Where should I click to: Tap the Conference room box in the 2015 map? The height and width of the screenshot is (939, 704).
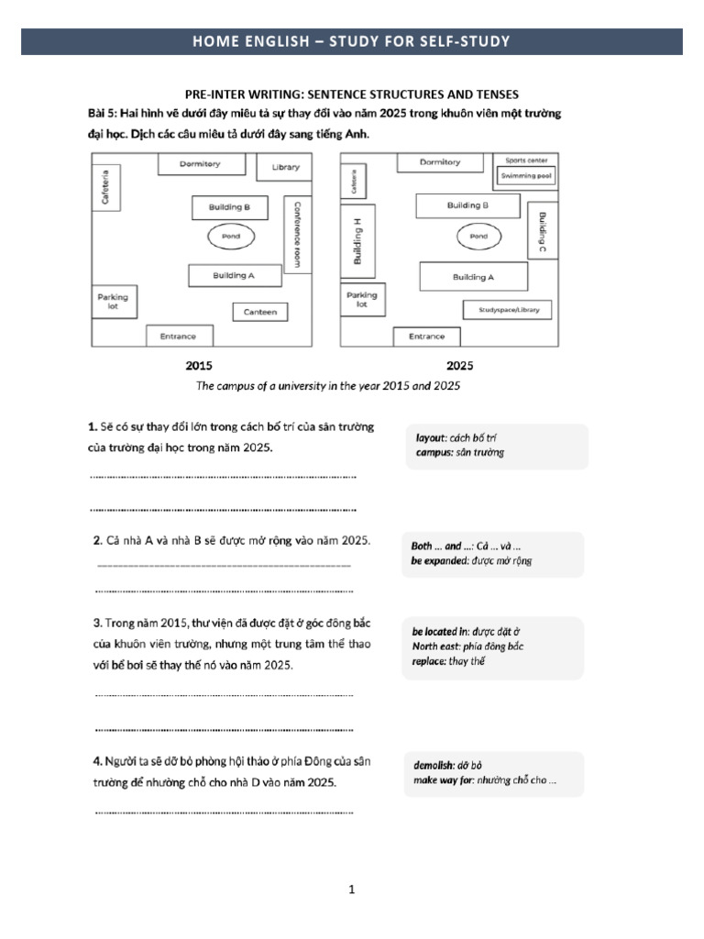point(294,235)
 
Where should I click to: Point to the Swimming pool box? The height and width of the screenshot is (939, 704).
point(526,173)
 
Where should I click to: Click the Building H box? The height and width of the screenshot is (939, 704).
point(357,240)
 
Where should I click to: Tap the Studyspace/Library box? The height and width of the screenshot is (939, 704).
point(509,310)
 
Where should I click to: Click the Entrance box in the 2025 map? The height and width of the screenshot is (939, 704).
point(426,337)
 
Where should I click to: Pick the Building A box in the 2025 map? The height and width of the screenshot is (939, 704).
point(473,276)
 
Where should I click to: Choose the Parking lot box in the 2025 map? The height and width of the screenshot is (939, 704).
point(361,301)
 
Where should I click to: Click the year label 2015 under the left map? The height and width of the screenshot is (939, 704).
point(199,366)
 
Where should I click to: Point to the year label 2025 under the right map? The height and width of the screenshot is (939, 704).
point(459,366)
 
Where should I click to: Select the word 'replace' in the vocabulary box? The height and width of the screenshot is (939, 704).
point(428,661)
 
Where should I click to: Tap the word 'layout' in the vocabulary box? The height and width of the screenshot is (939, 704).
point(429,438)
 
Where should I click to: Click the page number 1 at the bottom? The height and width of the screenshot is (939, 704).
point(352,889)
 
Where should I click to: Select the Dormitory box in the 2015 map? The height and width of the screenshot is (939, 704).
point(201,164)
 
